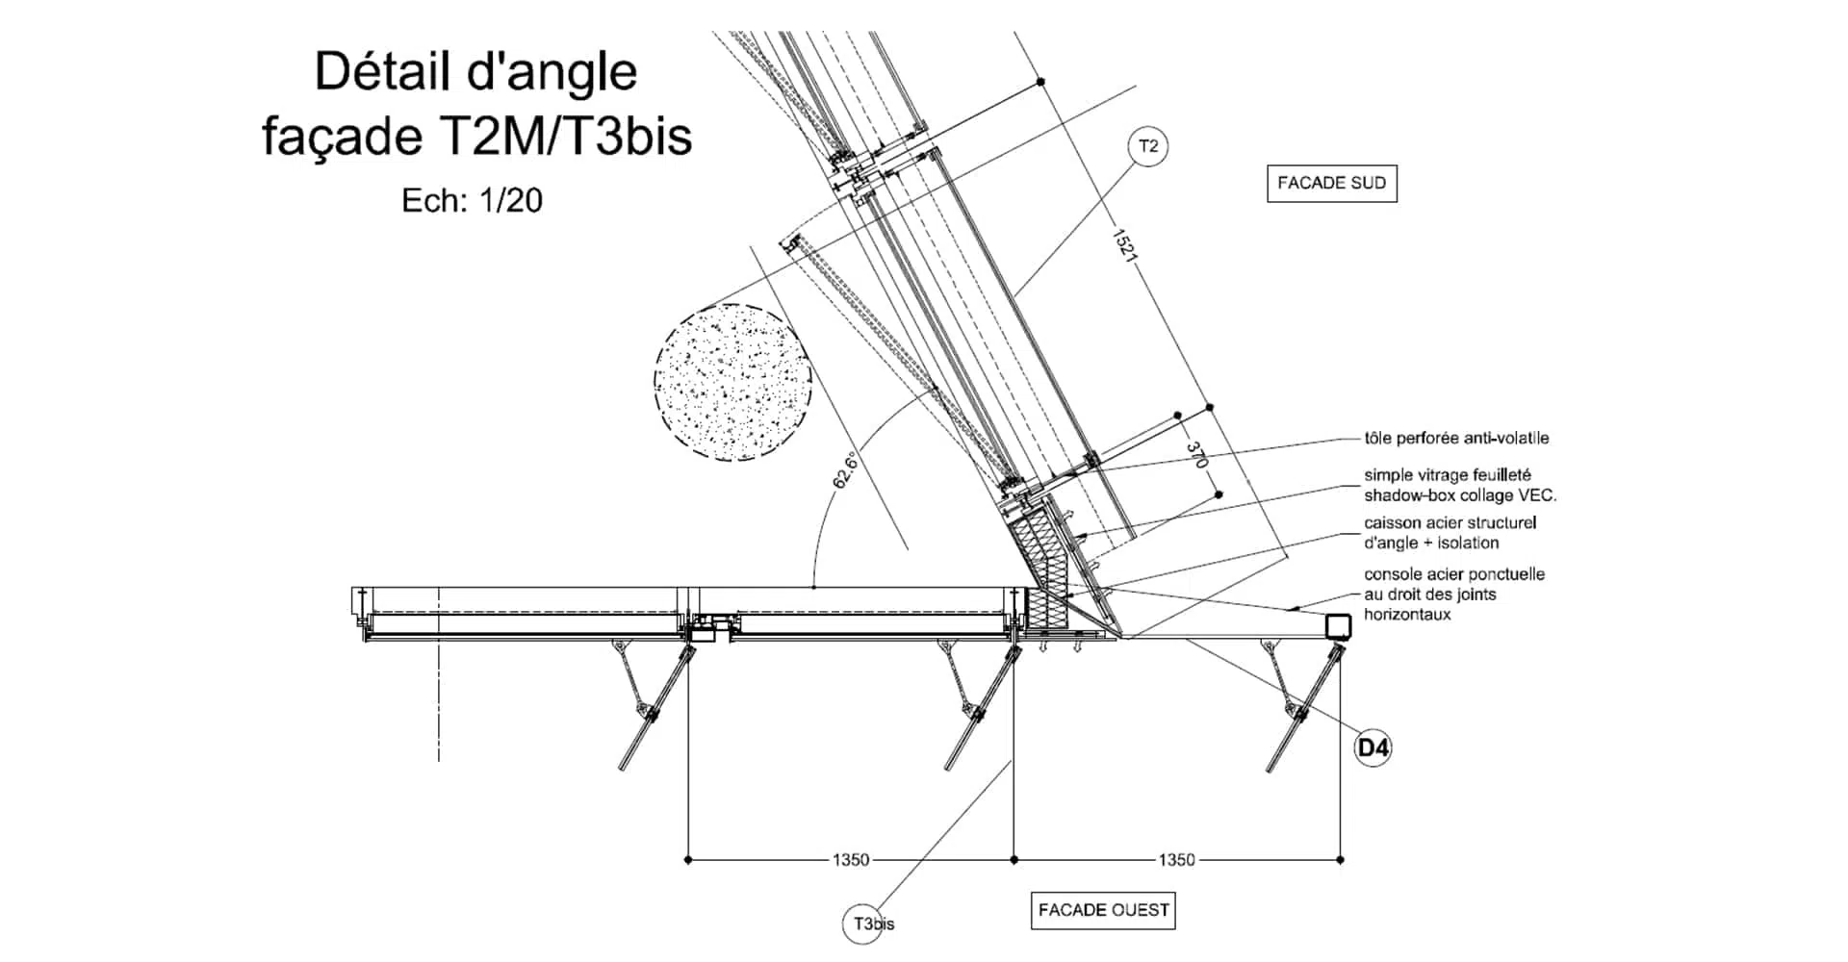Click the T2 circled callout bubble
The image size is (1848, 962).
coord(1148,147)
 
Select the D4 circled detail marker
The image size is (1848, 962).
coord(1373,747)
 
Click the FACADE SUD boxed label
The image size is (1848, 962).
coord(1331,183)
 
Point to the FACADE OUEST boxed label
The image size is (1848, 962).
coord(1103,910)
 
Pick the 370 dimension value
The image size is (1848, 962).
coord(1195,454)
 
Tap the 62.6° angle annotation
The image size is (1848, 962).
coord(845,470)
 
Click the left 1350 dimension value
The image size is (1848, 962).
coord(851,860)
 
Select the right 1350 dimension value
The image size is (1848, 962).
coord(1176,860)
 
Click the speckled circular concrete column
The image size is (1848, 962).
coord(732,382)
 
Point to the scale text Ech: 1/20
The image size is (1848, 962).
coord(472,200)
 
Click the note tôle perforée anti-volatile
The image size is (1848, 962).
coord(1456,438)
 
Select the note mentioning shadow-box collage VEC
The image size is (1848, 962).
coord(1459,486)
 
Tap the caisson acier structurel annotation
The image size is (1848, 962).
coord(1450,533)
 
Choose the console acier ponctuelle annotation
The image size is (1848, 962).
coord(1453,594)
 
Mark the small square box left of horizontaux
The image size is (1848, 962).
coord(1338,626)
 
